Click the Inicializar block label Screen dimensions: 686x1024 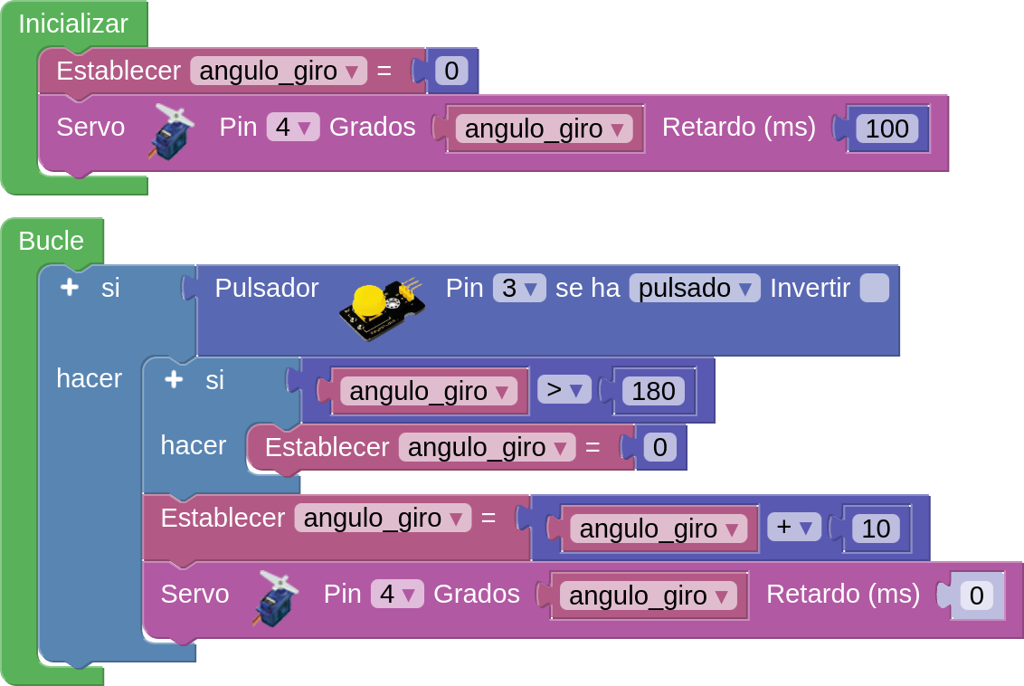click(x=73, y=24)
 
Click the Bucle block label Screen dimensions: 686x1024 click(x=51, y=241)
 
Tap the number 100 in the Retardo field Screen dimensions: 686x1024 click(x=887, y=129)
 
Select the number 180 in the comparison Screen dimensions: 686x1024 click(x=653, y=391)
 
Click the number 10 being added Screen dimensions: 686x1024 click(x=876, y=529)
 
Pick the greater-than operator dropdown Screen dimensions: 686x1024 click(x=564, y=390)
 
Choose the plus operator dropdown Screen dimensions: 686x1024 click(x=793, y=528)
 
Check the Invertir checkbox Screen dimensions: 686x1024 click(x=874, y=289)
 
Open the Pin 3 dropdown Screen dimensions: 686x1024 click(x=518, y=289)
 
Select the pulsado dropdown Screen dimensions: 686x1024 click(x=695, y=289)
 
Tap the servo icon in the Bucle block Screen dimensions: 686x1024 click(x=275, y=597)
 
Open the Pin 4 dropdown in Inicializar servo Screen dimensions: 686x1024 click(x=293, y=128)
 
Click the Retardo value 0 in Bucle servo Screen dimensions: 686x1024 click(x=976, y=595)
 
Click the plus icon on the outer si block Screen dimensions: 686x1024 click(x=69, y=288)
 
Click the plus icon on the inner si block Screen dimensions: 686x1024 click(x=173, y=379)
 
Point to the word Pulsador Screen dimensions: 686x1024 click(x=266, y=289)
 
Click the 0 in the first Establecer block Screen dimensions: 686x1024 click(x=451, y=71)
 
